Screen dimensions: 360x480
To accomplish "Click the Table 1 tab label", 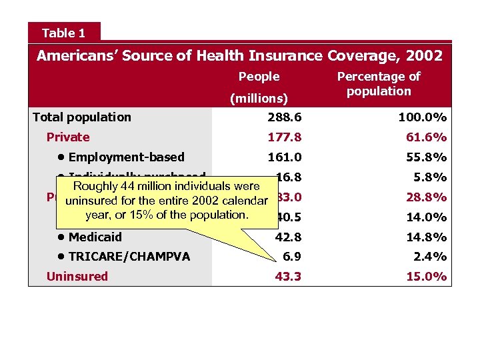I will click(64, 33).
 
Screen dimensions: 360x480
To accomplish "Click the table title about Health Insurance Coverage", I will click(239, 55).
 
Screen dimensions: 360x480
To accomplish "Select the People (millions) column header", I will click(259, 87).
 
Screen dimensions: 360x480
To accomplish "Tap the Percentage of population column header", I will click(379, 84).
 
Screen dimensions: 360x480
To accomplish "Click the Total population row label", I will click(82, 117).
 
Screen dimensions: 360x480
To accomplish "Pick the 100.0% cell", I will click(423, 117).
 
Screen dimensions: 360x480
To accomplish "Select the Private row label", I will click(67, 137).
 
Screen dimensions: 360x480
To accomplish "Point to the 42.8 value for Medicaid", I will click(288, 237).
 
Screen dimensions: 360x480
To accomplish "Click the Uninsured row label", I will click(77, 276).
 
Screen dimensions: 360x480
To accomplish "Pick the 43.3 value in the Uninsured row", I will click(288, 276).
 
